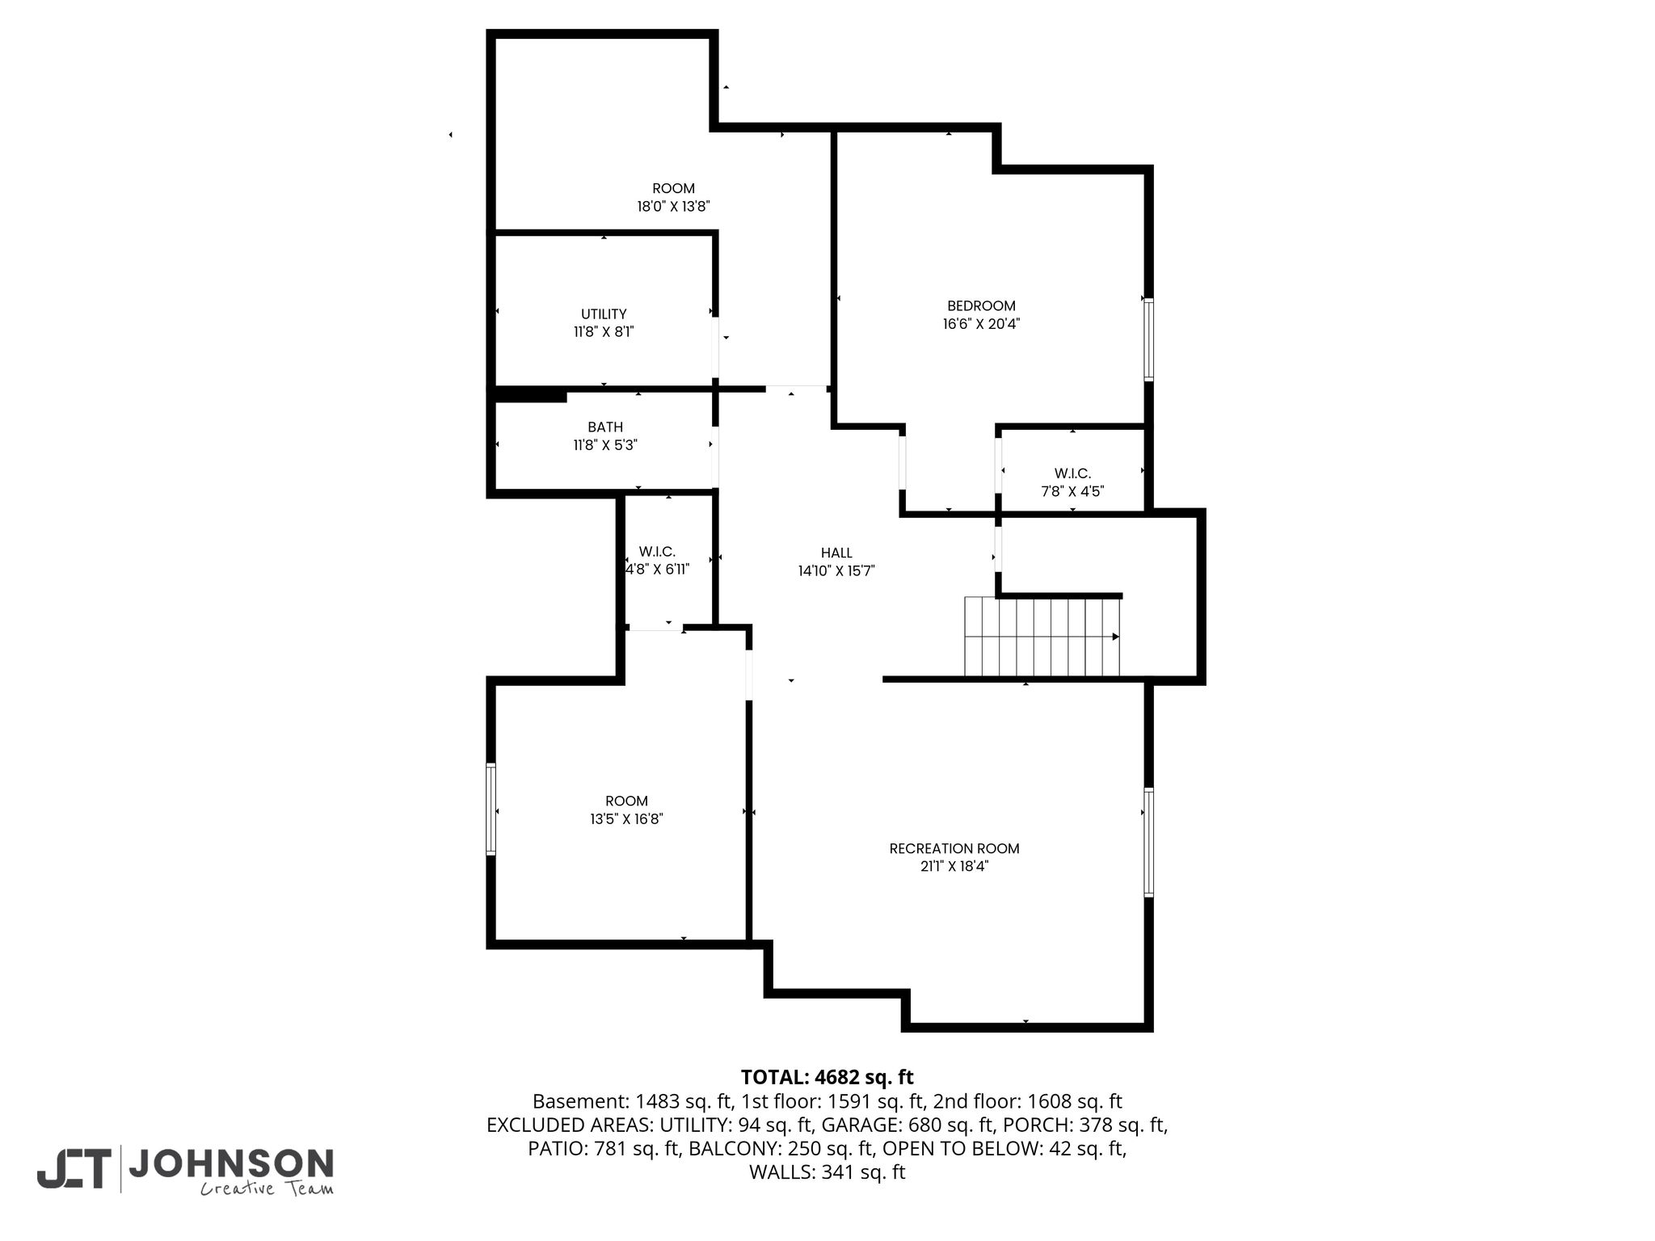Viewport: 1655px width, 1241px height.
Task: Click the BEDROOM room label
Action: [981, 306]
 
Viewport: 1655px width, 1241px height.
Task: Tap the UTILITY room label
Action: [604, 314]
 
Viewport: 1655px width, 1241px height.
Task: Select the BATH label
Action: [605, 427]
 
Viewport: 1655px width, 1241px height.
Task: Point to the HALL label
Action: [836, 553]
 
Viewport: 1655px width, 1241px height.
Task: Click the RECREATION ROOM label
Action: [954, 849]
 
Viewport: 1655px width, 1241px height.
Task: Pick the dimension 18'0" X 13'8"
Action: [673, 207]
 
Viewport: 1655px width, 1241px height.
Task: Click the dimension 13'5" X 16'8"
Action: [626, 819]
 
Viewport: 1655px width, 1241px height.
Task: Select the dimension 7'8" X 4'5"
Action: [1072, 491]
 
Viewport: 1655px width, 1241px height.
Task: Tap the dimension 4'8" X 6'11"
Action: [658, 569]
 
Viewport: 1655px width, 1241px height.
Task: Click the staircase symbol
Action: [1042, 637]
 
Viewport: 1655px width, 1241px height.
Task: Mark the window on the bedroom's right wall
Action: [1148, 339]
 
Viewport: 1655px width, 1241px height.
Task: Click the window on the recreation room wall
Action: [1148, 842]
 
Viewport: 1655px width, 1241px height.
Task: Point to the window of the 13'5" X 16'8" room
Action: [491, 809]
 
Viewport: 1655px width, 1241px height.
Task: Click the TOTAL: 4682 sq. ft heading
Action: [827, 1077]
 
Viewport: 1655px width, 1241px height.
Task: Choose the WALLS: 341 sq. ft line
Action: [827, 1172]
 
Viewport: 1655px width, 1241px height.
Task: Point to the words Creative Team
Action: [267, 1188]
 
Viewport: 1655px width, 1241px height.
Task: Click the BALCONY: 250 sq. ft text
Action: [781, 1149]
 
